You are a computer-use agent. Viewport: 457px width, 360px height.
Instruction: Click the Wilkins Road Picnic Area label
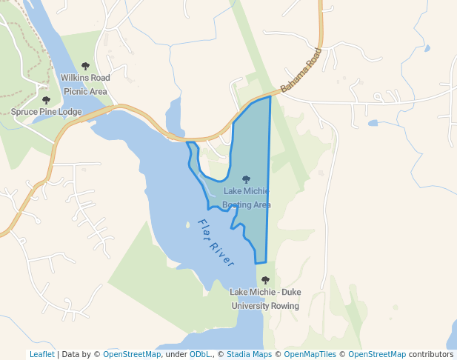pos(85,84)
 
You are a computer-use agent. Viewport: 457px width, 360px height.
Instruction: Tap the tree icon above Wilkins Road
pos(85,67)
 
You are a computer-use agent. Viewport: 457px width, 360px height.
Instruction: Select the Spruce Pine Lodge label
pos(46,112)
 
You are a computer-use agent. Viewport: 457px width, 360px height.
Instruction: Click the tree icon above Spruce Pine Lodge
pos(46,100)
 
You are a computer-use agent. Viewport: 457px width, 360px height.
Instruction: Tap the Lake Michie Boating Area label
pos(247,198)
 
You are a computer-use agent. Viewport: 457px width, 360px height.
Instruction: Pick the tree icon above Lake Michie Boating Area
pos(246,179)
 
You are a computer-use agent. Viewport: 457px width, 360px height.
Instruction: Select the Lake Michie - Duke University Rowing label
pos(265,299)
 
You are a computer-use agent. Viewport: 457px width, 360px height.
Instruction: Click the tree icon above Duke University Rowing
pos(265,280)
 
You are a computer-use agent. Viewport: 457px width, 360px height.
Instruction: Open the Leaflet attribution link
pos(41,354)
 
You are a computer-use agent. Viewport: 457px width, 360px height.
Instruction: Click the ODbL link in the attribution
pos(199,354)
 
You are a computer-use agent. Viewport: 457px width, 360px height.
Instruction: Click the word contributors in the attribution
pos(431,354)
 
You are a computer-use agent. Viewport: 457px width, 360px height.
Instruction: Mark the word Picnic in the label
pos(75,92)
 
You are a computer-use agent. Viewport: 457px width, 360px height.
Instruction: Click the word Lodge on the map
pos(69,112)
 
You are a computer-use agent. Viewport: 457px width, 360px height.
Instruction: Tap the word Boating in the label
pos(236,205)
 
